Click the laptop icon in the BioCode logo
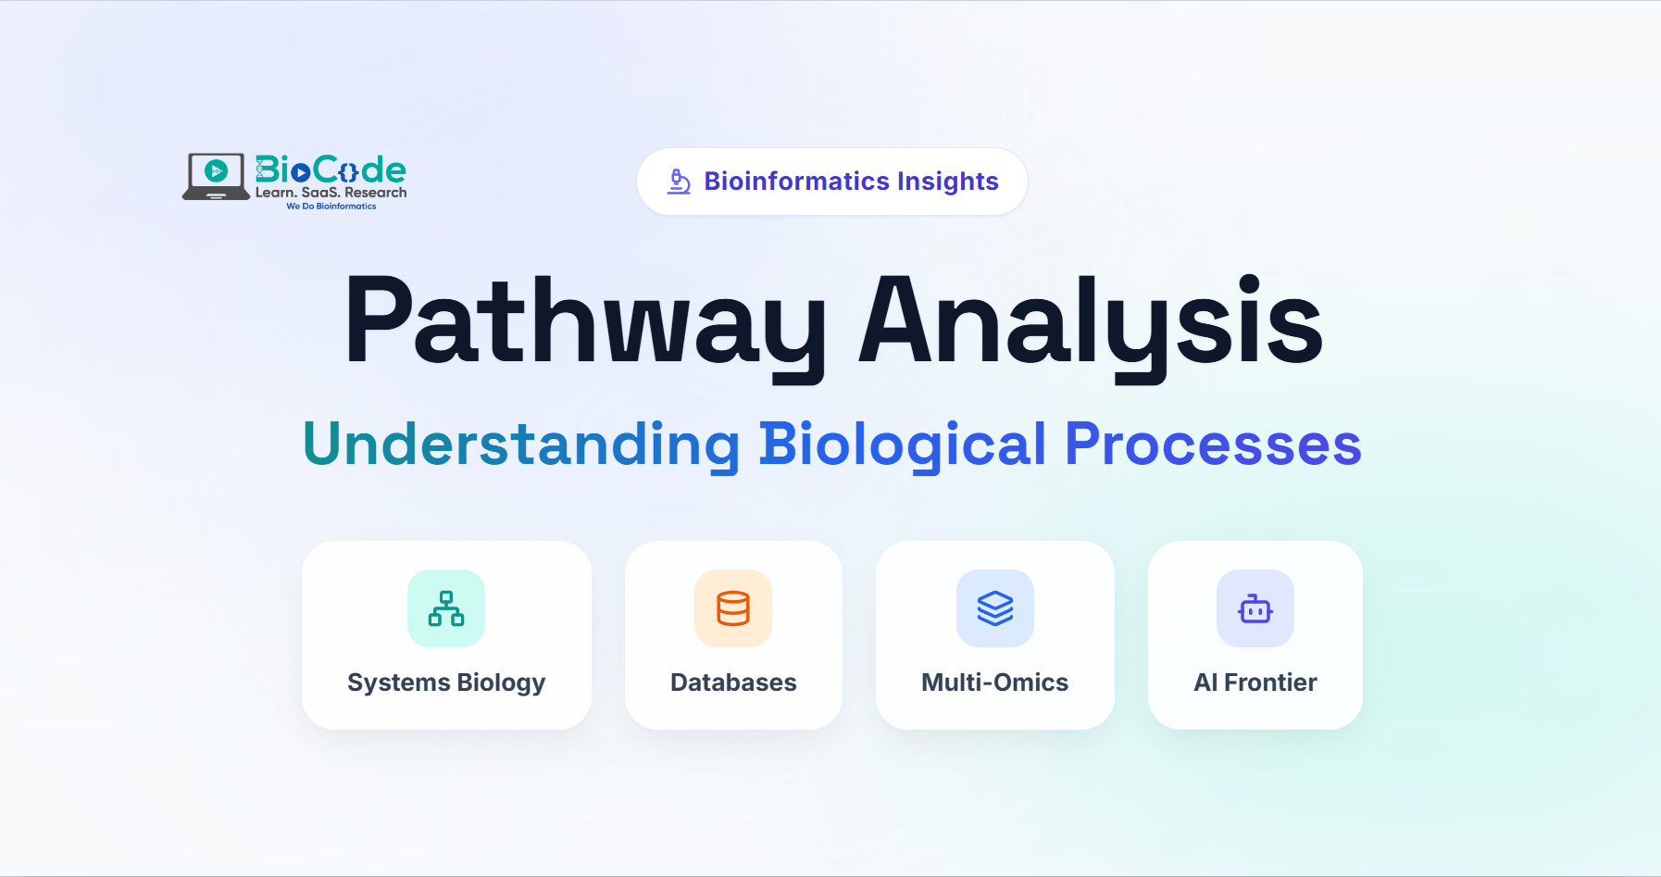tap(216, 176)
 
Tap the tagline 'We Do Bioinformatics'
tap(331, 207)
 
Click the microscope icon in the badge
tap(679, 182)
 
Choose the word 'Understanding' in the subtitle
tap(521, 445)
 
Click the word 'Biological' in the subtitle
tap(903, 445)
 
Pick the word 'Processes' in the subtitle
tap(1214, 445)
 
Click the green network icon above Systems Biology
tap(446, 608)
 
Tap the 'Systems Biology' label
tap(446, 683)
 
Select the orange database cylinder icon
tap(733, 608)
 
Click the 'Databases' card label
tap(733, 683)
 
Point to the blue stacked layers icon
tap(995, 608)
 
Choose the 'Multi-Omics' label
tap(995, 683)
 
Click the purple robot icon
tap(1255, 608)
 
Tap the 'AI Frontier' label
tap(1255, 683)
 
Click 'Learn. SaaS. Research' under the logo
tap(331, 193)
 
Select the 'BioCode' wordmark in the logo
tap(331, 169)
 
